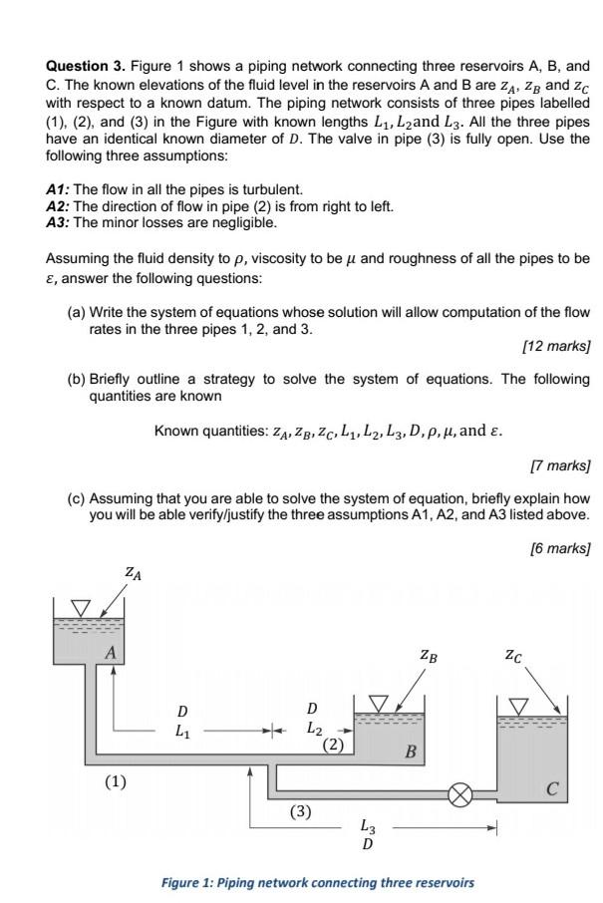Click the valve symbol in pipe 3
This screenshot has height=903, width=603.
click(459, 795)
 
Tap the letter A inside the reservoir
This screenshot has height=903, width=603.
click(112, 652)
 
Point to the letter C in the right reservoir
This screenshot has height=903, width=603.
click(551, 790)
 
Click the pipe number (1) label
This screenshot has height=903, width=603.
click(117, 780)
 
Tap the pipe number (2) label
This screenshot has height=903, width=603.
click(333, 744)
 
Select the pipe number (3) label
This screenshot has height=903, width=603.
click(301, 811)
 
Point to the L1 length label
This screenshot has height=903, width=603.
click(181, 730)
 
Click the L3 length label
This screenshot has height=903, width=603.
click(368, 826)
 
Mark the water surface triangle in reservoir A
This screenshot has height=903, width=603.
click(80, 606)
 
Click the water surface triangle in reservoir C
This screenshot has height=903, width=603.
click(519, 706)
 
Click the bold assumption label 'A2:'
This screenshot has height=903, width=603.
click(59, 205)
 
